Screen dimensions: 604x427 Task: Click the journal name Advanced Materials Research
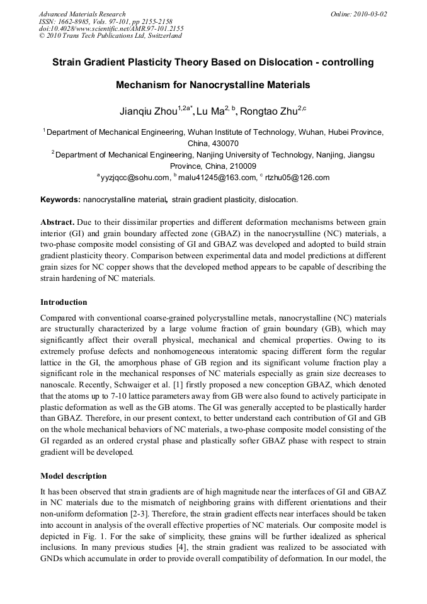[x=82, y=14]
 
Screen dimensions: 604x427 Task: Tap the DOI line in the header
[x=111, y=28]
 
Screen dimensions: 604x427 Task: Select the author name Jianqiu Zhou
[x=149, y=112]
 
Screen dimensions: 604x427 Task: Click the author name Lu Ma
[x=210, y=112]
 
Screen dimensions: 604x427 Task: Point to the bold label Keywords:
[x=60, y=200]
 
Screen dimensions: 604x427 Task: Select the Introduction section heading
[x=64, y=302]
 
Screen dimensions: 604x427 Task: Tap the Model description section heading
[x=73, y=476]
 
